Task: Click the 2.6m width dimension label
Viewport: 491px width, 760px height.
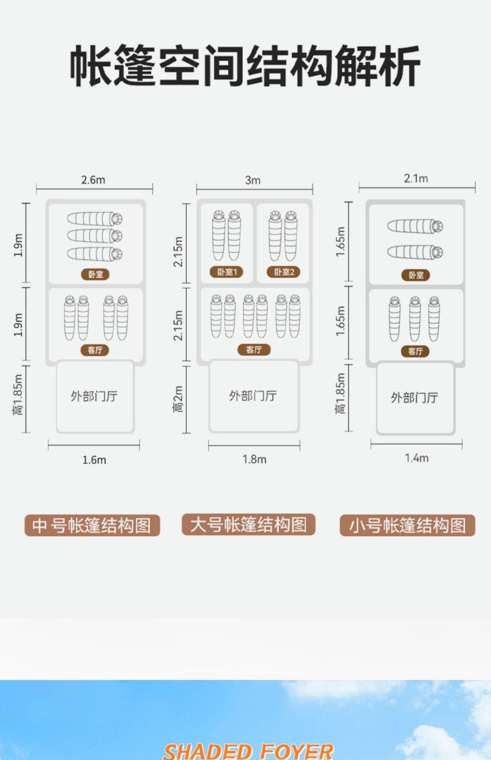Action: click(93, 180)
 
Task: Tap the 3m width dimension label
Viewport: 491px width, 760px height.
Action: click(253, 180)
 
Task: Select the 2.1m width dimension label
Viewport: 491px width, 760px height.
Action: click(416, 179)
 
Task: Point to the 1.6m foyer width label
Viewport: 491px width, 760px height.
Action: click(94, 460)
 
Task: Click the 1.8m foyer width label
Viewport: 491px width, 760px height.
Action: click(254, 459)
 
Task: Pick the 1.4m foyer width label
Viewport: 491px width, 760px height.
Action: click(417, 458)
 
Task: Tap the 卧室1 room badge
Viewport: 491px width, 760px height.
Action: click(227, 272)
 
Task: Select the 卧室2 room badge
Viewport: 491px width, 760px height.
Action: click(284, 272)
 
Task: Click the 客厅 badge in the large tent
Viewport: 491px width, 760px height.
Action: click(254, 350)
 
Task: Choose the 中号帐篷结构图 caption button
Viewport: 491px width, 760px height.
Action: click(92, 526)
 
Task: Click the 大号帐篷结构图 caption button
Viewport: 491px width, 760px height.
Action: click(249, 525)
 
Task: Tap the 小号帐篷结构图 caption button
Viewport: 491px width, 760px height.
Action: click(407, 526)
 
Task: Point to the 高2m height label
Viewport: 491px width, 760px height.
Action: click(179, 399)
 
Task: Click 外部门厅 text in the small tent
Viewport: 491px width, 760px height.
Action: click(415, 397)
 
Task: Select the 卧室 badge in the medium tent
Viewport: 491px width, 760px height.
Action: click(95, 274)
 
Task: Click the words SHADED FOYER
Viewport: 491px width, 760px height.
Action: click(248, 751)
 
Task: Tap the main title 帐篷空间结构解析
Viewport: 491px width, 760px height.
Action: click(245, 66)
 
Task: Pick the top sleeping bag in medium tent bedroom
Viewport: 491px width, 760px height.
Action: click(95, 218)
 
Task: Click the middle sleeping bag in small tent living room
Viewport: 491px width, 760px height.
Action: click(415, 319)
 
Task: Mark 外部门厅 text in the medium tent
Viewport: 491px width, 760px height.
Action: click(94, 396)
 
